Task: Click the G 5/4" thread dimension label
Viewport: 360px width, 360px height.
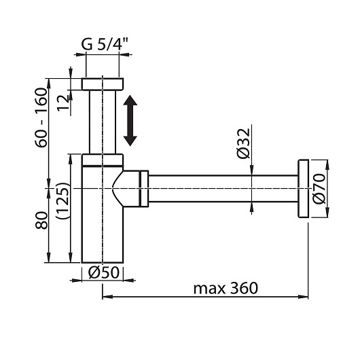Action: click(105, 44)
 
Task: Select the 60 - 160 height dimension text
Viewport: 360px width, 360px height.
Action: click(41, 118)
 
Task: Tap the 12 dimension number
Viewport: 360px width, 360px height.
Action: click(63, 103)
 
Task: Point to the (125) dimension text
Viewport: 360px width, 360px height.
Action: click(62, 200)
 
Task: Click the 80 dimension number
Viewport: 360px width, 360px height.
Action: click(41, 220)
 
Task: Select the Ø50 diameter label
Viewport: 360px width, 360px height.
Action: click(104, 272)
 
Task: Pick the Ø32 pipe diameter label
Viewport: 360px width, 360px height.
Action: click(243, 143)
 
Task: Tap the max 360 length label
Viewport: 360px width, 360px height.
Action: click(226, 289)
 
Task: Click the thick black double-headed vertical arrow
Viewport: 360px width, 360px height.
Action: click(130, 120)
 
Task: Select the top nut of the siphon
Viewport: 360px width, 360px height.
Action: click(103, 84)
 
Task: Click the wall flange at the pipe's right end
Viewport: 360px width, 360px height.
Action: click(304, 189)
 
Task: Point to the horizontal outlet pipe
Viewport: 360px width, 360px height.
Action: click(223, 189)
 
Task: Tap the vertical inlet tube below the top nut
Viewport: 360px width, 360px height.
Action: click(103, 122)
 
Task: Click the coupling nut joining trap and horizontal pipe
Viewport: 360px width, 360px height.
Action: click(144, 189)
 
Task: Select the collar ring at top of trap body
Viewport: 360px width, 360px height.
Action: click(103, 160)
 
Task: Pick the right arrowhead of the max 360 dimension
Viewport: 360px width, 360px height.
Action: click(303, 297)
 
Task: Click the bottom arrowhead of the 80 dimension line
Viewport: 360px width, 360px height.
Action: click(48, 257)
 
